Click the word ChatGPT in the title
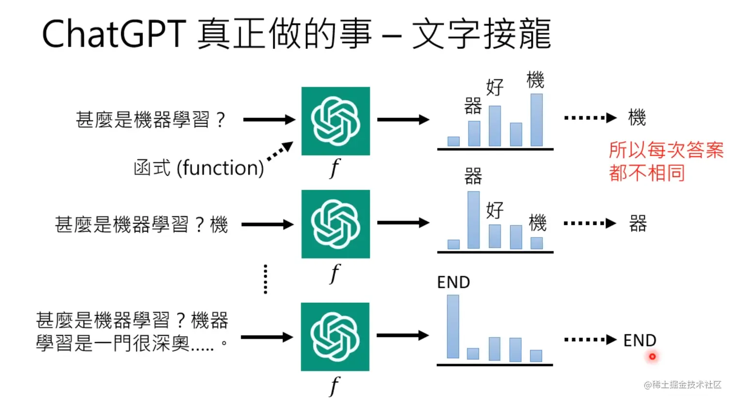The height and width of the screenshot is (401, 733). coord(114,34)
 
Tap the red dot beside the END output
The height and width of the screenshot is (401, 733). coord(653,356)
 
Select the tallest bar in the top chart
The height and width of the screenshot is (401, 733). coord(536,120)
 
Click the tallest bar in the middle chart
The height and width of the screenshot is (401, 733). coord(473,220)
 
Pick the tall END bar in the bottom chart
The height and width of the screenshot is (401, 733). coord(453,326)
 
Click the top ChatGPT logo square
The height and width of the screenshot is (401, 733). coord(335,121)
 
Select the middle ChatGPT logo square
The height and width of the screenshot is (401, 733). coord(335,224)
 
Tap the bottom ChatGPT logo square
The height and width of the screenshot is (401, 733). coord(335,337)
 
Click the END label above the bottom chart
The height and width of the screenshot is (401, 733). coord(453,282)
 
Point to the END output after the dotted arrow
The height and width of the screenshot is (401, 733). coord(639,340)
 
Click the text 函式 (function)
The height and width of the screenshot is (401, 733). coord(199,168)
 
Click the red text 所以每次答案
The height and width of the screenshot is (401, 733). coord(666,150)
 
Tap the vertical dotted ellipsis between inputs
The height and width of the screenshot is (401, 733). coord(265,279)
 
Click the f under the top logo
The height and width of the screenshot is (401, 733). coord(335,168)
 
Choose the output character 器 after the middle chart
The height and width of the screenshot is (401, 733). coord(637,224)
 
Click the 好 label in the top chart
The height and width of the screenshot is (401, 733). coord(495,87)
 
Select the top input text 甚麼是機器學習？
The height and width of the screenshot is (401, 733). coord(151,119)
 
